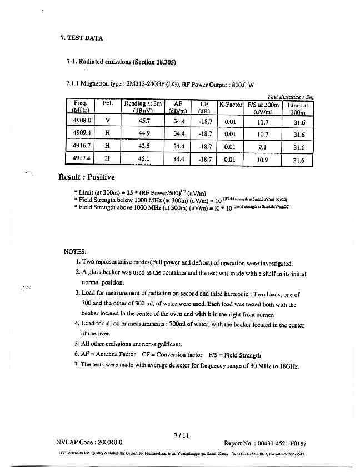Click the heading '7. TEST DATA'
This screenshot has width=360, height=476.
click(81, 38)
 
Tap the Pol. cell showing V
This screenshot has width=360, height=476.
click(107, 121)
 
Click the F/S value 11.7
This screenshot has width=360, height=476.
click(263, 121)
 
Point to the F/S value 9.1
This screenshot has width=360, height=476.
click(263, 147)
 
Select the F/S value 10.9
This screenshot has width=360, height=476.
click(263, 160)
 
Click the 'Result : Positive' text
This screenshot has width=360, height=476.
click(86, 177)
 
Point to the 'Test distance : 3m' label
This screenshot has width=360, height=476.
click(291, 96)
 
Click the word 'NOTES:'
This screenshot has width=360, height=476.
click(75, 251)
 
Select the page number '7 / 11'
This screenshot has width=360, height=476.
click(182, 435)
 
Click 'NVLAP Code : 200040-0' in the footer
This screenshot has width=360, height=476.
click(89, 443)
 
